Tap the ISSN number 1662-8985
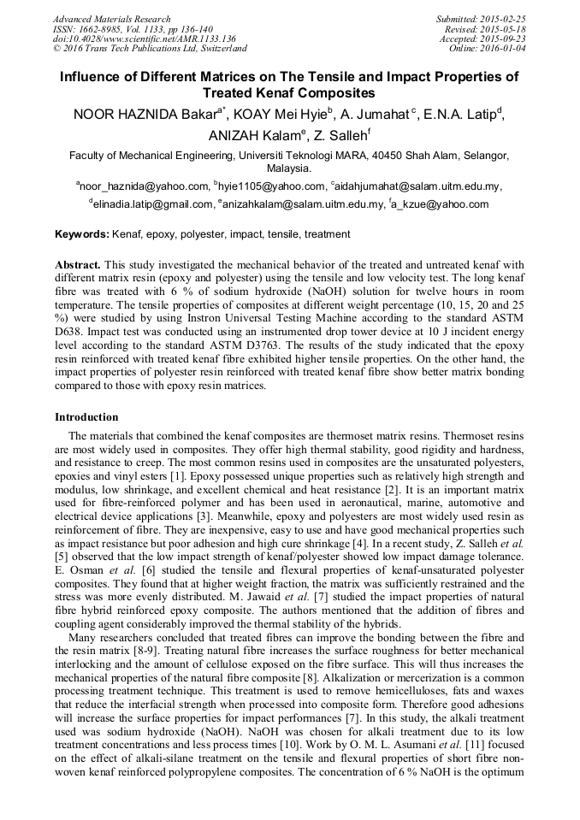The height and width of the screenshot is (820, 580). (104, 29)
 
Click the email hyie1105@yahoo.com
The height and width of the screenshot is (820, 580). (272, 186)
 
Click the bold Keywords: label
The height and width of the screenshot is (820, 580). (82, 234)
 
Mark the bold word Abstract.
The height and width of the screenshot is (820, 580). (79, 265)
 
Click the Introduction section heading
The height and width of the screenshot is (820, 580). (86, 417)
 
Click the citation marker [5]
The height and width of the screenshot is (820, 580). (62, 556)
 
